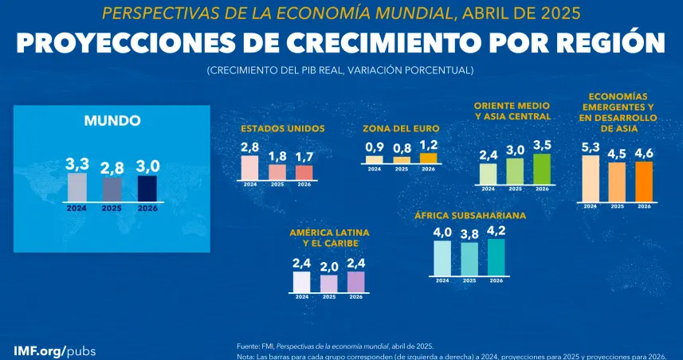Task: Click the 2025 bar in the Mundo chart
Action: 112,189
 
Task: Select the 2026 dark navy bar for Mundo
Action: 147,188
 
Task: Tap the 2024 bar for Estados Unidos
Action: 249,168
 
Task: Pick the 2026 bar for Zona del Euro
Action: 428,158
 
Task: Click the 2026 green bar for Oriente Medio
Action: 542,169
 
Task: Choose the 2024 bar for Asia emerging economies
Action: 591,178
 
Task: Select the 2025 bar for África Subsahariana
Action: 469,258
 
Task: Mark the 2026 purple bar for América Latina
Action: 355,282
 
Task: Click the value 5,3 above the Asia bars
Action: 591,147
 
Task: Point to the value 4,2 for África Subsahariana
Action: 497,231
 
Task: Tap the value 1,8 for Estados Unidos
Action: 277,156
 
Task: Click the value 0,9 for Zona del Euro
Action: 375,147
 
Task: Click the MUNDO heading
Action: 112,121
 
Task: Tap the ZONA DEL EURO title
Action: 401,127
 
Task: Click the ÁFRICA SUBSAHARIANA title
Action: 469,215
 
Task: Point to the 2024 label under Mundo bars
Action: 77,209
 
